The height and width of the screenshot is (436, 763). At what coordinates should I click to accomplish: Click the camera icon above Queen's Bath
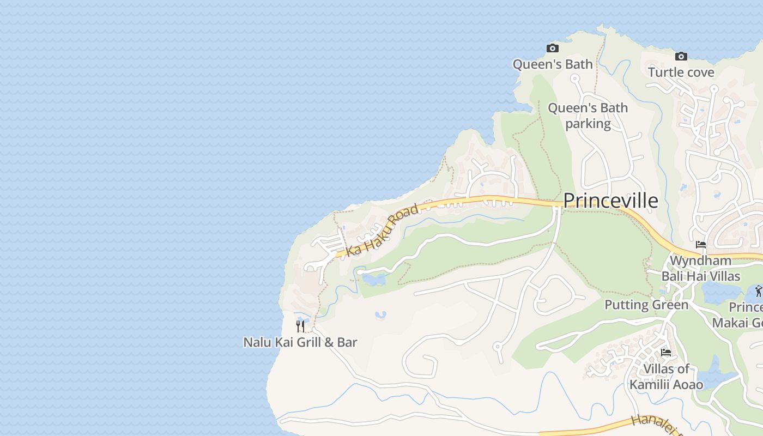553,48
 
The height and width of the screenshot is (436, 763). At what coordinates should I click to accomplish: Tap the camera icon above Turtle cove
681,56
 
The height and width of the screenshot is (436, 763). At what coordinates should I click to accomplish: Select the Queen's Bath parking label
588,116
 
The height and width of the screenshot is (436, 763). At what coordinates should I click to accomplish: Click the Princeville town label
610,201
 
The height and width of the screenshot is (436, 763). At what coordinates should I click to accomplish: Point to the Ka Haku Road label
383,229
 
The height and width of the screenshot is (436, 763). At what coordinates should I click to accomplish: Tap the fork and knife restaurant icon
300,326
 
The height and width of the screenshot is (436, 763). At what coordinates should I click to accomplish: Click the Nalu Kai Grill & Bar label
300,342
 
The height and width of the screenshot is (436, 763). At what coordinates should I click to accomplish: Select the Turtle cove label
681,72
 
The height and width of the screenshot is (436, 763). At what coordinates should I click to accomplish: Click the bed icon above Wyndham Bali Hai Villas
701,245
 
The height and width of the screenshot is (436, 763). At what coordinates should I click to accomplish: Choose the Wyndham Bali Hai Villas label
700,268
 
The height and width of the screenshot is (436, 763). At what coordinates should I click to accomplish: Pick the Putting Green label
646,305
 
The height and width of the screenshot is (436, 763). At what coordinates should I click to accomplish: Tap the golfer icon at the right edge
759,291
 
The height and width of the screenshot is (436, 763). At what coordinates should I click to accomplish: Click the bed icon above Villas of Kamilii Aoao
666,352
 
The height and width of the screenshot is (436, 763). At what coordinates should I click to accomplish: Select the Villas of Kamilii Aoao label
666,377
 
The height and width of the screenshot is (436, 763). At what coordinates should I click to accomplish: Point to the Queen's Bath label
553,64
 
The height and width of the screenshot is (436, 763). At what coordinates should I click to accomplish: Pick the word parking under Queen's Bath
588,124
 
